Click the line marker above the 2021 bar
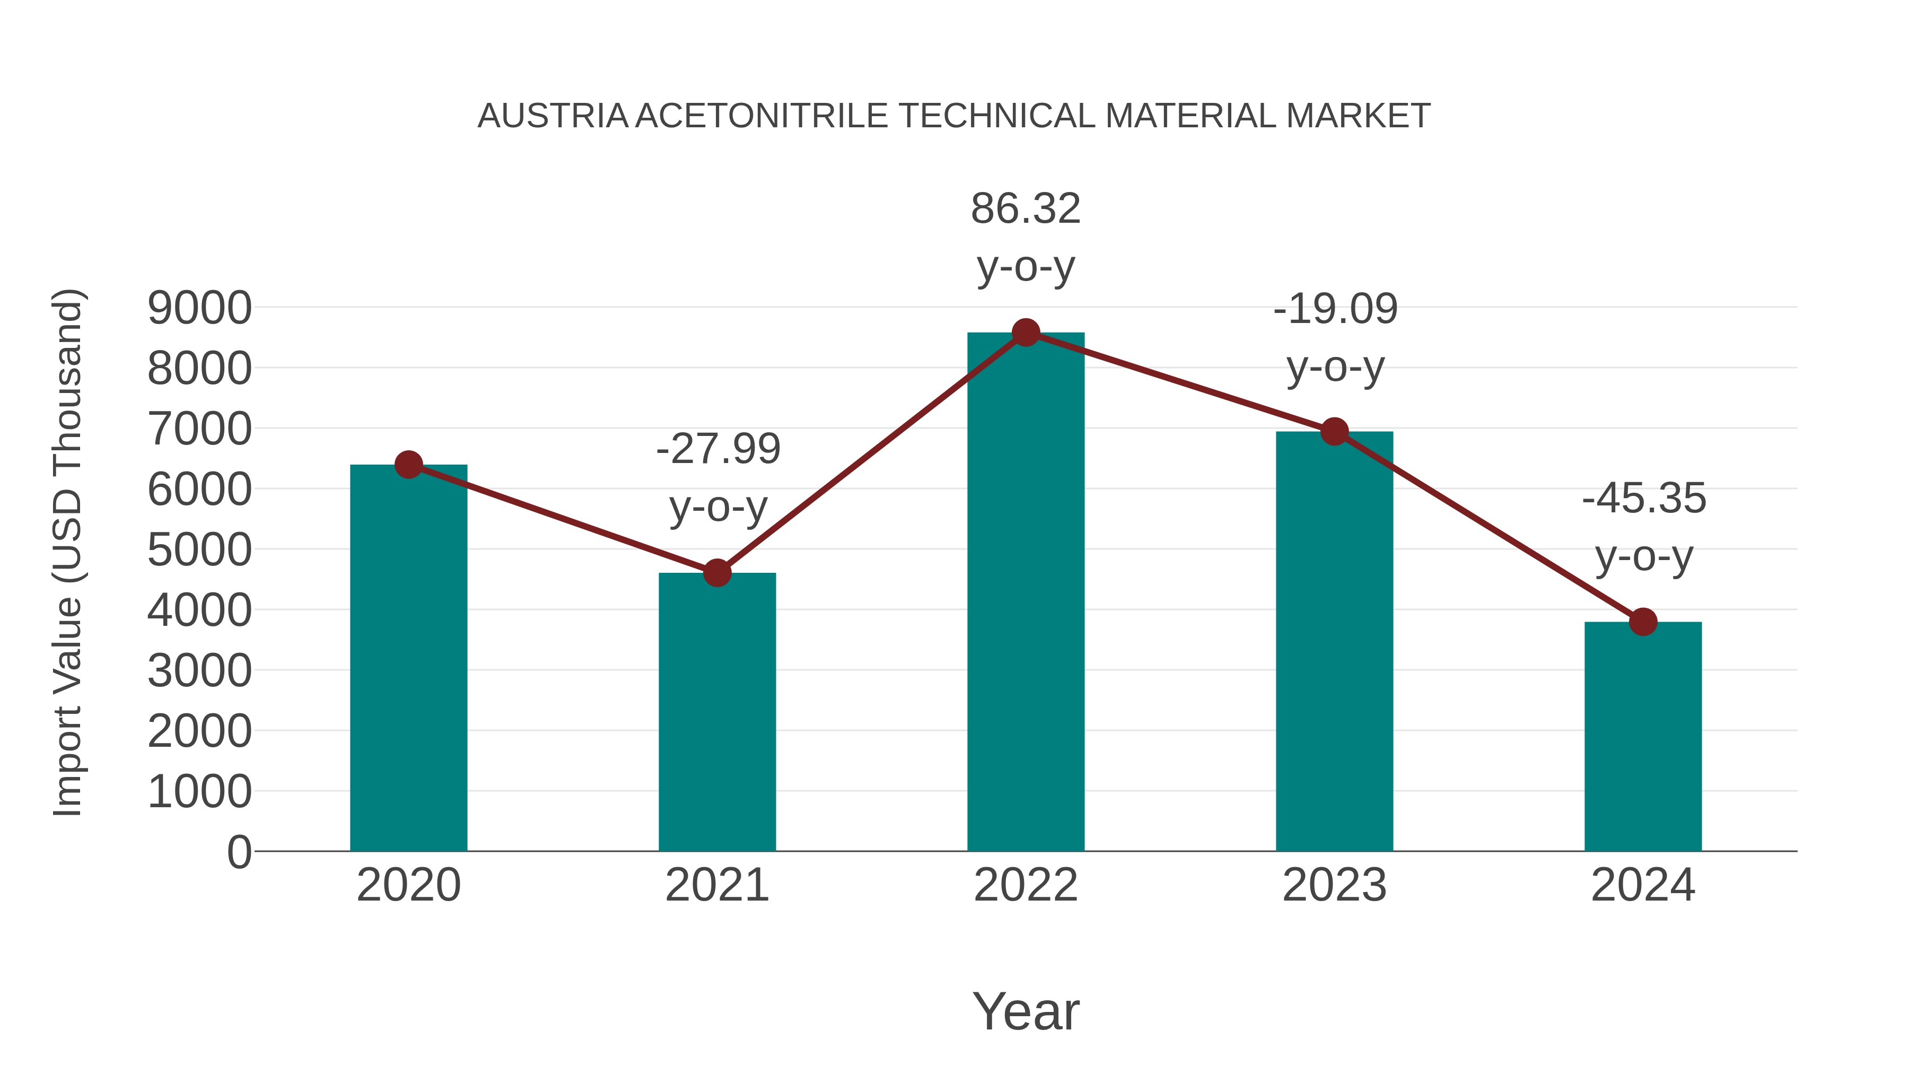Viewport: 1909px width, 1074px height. [716, 573]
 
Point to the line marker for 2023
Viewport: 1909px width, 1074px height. [1334, 431]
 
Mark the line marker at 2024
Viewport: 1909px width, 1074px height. [1643, 622]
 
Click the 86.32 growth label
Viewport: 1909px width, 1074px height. [1026, 208]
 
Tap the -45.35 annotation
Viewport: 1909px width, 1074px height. [1644, 498]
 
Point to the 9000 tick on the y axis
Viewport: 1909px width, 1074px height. [199, 308]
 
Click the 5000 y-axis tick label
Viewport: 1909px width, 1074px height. [199, 550]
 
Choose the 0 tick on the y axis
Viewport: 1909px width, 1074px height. [239, 852]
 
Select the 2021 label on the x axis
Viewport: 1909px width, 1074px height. [716, 885]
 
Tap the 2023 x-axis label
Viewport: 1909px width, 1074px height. [1334, 885]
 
